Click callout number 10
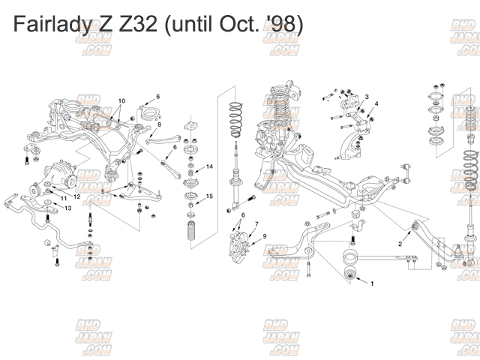click(x=121, y=100)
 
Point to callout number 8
click(x=159, y=124)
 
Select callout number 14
click(x=210, y=166)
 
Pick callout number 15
click(x=210, y=196)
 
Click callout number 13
click(x=67, y=208)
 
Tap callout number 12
click(x=76, y=196)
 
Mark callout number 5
click(x=103, y=192)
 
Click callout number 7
click(x=256, y=224)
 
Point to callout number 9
click(x=264, y=237)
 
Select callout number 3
click(x=367, y=97)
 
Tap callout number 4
click(x=376, y=103)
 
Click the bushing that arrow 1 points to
click(x=350, y=272)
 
